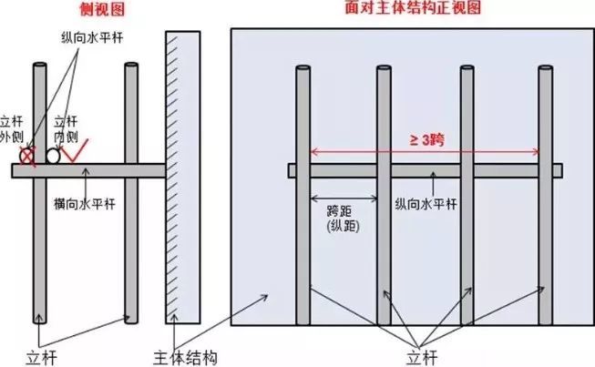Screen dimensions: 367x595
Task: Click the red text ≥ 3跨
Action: tap(426, 139)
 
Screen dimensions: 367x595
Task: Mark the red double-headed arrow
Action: tap(426, 153)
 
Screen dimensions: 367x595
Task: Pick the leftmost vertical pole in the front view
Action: tap(303, 196)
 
